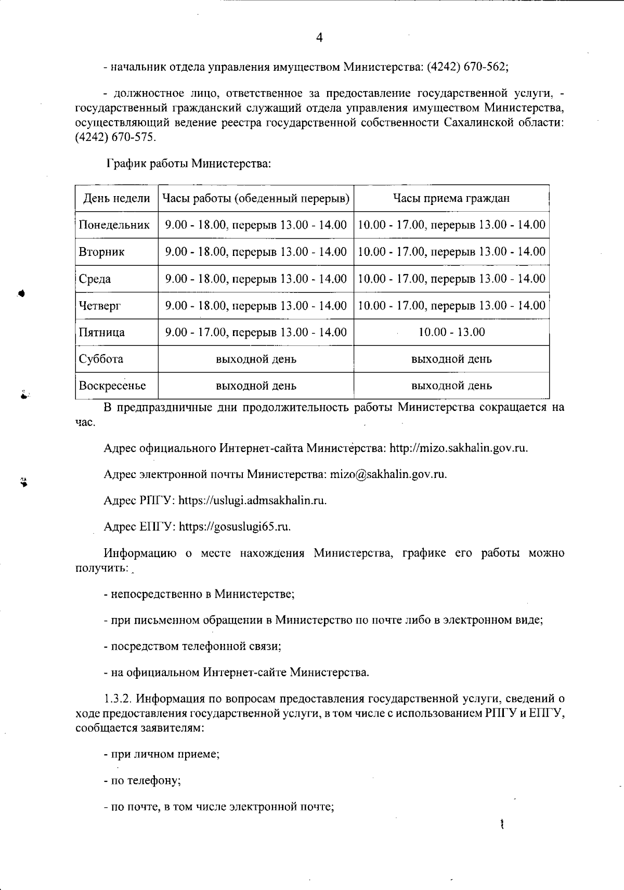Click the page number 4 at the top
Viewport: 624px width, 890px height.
(x=319, y=37)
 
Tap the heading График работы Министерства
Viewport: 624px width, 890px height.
(x=189, y=164)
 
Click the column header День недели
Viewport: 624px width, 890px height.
(x=116, y=198)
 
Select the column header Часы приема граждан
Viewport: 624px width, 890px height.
(x=451, y=198)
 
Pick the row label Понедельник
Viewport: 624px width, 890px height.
(x=114, y=225)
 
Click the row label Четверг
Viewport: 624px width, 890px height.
(x=99, y=306)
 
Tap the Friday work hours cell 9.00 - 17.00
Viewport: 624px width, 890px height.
(x=256, y=332)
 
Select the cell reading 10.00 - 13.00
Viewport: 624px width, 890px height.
(x=451, y=332)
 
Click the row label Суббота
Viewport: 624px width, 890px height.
(x=101, y=359)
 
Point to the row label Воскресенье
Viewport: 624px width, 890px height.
(x=112, y=386)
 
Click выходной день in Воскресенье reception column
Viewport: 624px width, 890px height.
(x=451, y=386)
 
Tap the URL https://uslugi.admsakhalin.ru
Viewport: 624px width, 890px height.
(x=252, y=500)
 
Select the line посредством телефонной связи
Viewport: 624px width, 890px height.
(x=192, y=647)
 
